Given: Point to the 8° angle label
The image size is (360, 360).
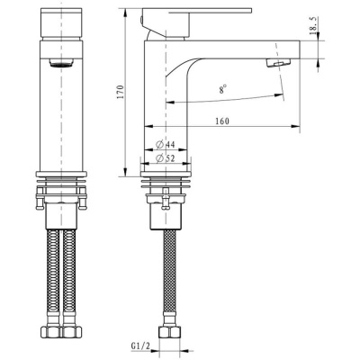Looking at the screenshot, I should pyautogui.click(x=220, y=90).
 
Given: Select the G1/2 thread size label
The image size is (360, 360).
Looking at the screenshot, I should pyautogui.click(x=139, y=345).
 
